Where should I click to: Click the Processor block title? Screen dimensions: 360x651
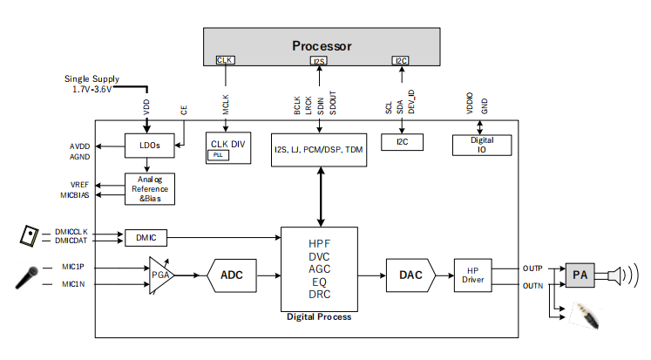pos(322,45)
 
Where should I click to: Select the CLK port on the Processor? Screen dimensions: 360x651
pos(225,60)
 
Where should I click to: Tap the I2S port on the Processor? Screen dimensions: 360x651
pos(318,61)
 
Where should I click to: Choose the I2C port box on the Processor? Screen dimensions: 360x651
pos(400,60)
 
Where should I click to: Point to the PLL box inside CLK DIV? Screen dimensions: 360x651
pos(217,154)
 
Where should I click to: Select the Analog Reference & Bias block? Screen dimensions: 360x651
pos(150,188)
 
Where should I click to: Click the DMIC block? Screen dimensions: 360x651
pos(146,236)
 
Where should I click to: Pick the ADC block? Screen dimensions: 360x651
pos(232,275)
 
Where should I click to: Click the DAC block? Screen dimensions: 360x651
pos(410,275)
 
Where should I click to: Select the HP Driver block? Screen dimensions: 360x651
pos(473,275)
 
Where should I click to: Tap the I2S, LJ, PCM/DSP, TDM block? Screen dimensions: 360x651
pos(318,150)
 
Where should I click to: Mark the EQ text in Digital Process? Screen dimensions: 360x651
pos(319,282)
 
